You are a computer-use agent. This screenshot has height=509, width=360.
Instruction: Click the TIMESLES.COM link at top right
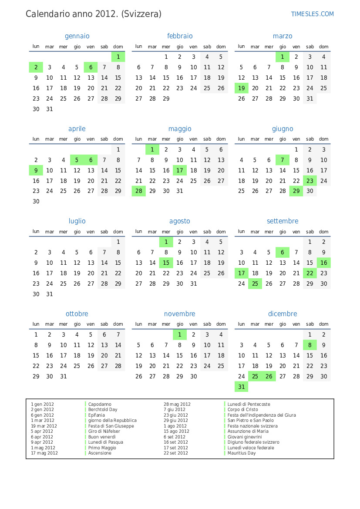click(x=312, y=14)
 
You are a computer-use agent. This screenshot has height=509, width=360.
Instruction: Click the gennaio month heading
click(x=77, y=36)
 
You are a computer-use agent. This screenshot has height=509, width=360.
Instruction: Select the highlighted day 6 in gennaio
click(x=91, y=67)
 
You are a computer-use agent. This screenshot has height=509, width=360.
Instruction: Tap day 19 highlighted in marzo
click(x=241, y=88)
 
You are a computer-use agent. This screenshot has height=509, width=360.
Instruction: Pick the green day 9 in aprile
click(x=36, y=170)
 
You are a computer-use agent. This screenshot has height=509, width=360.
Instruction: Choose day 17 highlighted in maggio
click(x=180, y=170)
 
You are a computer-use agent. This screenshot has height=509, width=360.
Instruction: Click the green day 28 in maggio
click(x=139, y=191)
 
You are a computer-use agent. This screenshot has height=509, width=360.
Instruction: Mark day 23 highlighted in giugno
click(x=310, y=181)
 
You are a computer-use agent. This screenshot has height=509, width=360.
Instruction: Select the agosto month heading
click(x=180, y=221)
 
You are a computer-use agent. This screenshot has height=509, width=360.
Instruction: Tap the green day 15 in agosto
click(x=166, y=263)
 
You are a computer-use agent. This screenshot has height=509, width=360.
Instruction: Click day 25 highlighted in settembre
click(x=255, y=284)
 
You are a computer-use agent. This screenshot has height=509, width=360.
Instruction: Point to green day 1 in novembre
click(x=180, y=334)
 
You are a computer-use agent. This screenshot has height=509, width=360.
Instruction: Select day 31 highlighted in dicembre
click(x=241, y=387)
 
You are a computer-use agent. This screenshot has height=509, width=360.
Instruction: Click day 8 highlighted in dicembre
click(x=310, y=345)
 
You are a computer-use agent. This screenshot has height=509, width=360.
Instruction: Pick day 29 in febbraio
click(x=166, y=98)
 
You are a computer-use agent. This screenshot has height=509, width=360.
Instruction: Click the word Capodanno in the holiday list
click(x=100, y=404)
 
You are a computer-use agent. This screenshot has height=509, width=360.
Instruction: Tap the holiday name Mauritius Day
click(x=242, y=453)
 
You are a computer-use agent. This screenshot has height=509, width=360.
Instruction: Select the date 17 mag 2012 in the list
click(x=44, y=453)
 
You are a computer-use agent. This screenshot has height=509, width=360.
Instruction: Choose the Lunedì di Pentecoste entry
click(x=249, y=404)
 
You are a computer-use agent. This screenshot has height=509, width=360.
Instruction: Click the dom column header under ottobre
click(x=118, y=324)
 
